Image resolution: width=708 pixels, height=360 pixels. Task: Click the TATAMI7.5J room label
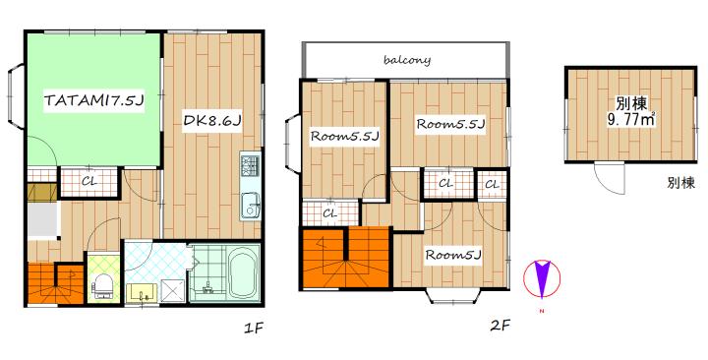(93, 101)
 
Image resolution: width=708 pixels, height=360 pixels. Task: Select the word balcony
(407, 60)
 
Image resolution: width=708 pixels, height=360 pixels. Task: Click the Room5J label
(453, 255)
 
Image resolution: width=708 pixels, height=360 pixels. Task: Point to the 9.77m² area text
(631, 121)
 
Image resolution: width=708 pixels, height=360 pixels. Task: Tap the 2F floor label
(501, 325)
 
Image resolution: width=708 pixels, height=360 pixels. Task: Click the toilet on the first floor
(102, 287)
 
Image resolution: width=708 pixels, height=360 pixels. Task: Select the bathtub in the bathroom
(244, 274)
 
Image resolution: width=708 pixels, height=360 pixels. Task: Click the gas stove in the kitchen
(250, 165)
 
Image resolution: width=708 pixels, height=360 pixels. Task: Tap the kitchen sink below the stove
(250, 206)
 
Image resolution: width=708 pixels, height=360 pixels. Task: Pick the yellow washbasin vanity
(143, 293)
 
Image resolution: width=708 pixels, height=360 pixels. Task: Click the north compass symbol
(542, 278)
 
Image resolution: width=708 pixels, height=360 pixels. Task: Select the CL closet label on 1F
(88, 182)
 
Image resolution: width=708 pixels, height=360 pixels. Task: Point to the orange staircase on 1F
(55, 282)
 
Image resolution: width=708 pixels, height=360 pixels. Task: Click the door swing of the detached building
(610, 178)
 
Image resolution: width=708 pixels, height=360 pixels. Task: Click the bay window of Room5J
(449, 296)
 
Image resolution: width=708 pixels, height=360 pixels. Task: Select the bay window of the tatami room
(17, 96)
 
